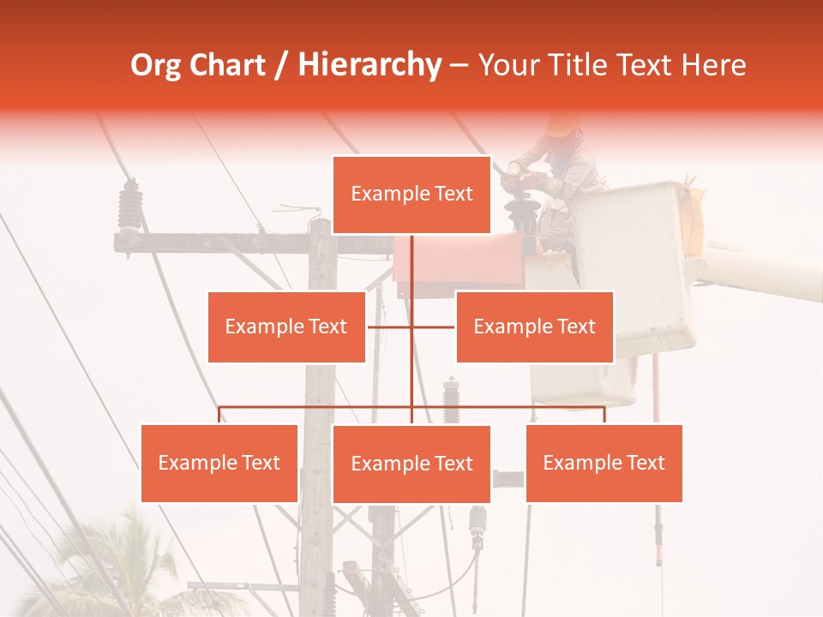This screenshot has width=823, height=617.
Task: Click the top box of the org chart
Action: (411, 195)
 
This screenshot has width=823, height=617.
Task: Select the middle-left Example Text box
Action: (286, 326)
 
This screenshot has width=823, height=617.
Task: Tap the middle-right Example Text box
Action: (534, 326)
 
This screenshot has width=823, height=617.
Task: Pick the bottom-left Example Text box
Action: (219, 463)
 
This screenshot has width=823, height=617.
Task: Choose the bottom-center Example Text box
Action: (411, 464)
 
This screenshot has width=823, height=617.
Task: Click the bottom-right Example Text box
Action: (604, 463)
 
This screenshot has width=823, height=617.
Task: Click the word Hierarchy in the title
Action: (369, 65)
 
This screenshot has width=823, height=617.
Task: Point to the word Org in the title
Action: (156, 65)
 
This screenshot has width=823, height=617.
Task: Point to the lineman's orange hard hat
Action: (562, 123)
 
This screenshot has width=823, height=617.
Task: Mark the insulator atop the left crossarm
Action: (130, 206)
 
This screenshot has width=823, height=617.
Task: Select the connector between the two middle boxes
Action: (411, 326)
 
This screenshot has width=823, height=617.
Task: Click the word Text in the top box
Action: (452, 195)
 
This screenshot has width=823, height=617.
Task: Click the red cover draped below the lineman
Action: (459, 261)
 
